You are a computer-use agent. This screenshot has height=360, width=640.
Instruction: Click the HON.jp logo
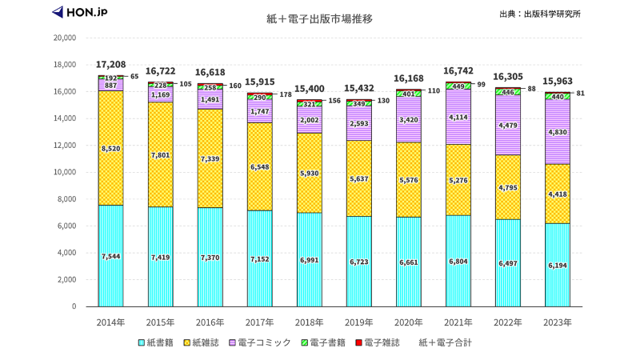point(80,13)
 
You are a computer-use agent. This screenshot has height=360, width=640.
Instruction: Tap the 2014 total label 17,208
point(110,64)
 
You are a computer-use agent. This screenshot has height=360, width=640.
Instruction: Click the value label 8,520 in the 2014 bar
point(110,148)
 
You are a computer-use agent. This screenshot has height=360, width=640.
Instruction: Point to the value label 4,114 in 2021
point(458,118)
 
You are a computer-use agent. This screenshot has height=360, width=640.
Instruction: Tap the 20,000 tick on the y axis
point(64,38)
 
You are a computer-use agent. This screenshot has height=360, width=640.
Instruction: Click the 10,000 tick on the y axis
point(64,172)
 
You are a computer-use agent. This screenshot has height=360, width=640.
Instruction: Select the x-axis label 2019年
point(358,322)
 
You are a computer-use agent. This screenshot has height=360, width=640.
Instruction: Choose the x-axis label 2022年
point(507,322)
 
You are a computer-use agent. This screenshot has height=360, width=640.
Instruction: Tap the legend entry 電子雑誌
point(382,342)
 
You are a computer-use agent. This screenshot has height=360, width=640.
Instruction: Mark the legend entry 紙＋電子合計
point(446,342)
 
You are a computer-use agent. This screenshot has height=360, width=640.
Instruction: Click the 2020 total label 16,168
point(409,78)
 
